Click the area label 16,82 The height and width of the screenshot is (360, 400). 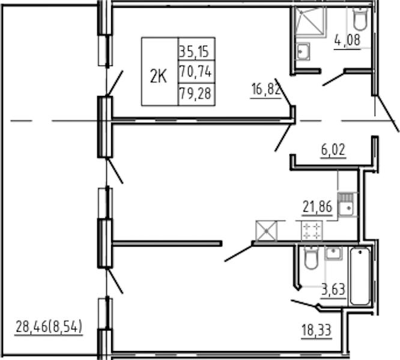[266, 89]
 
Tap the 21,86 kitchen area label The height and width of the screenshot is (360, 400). [317, 206]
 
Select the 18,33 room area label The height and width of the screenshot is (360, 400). [317, 330]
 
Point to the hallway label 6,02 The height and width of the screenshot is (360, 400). [333, 149]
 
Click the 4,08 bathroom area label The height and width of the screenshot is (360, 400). [348, 40]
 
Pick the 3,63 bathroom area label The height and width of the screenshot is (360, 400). [333, 290]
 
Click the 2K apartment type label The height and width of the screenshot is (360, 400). [159, 76]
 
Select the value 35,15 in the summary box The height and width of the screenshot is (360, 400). [194, 52]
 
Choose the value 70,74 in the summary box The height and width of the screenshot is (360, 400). [196, 71]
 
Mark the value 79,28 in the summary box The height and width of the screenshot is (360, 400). [196, 93]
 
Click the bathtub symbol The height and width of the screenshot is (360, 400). [360, 276]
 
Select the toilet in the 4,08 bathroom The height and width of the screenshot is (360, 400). [360, 19]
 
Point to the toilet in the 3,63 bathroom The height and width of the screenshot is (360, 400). [311, 258]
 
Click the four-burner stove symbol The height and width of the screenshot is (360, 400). [312, 231]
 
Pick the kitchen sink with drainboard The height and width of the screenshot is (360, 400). [346, 205]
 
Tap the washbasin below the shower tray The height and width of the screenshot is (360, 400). [303, 52]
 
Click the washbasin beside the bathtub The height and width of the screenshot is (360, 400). [333, 254]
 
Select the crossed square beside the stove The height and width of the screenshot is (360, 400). [266, 231]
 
